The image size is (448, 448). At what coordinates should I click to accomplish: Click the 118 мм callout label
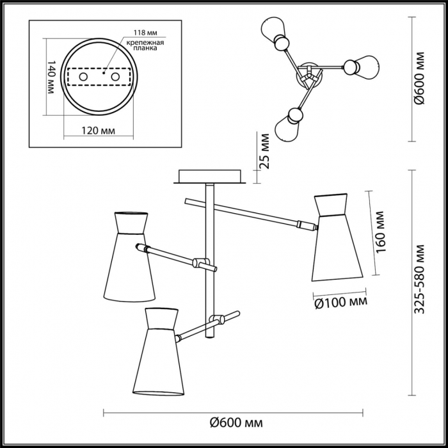146,33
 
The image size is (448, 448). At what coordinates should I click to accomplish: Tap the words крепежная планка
145,45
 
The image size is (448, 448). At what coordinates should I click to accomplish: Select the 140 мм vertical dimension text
51,77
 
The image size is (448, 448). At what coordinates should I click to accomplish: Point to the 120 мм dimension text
99,131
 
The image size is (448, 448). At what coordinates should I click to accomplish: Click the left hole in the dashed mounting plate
83,77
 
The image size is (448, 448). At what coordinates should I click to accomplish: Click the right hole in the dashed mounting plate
115,77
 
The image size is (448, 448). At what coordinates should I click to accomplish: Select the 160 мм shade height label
381,232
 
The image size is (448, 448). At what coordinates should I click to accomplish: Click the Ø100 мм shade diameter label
340,303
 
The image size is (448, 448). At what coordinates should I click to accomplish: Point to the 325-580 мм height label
420,279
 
